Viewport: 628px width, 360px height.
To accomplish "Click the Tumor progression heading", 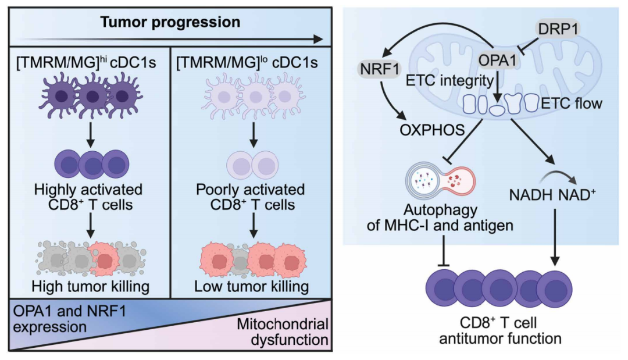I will tap(170, 23).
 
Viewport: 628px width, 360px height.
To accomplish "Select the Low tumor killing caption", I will tap(251, 287).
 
